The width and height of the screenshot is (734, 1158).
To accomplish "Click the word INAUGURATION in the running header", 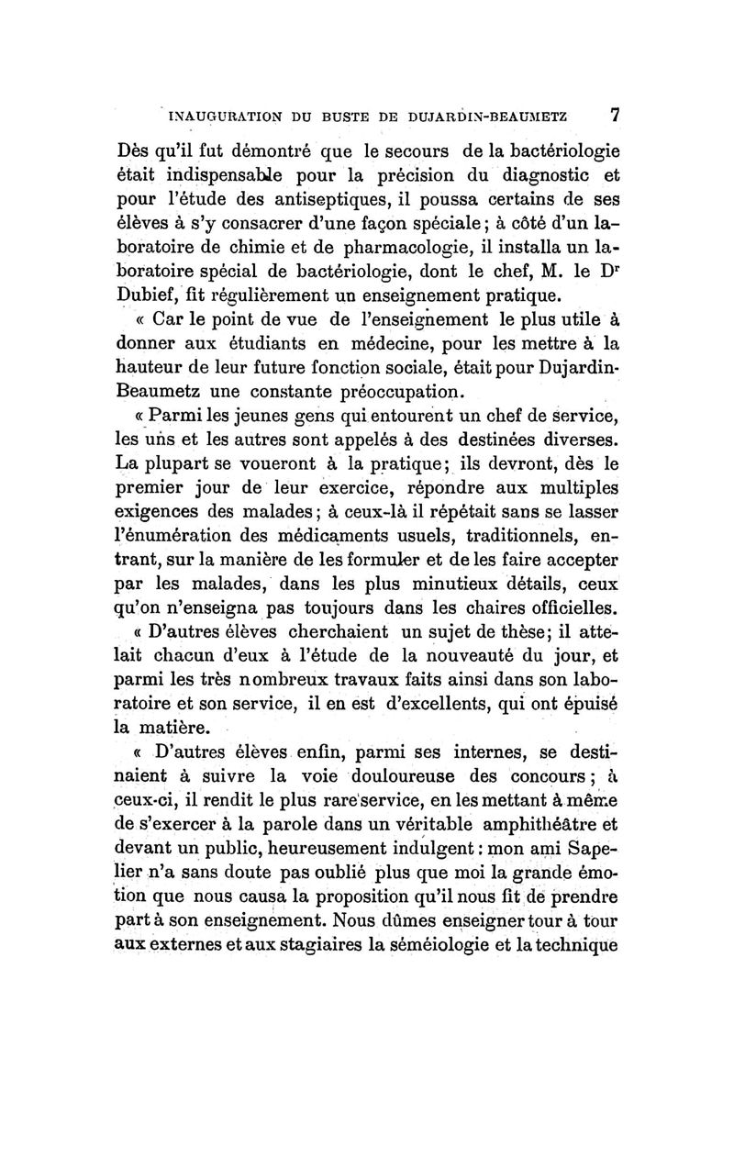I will coord(208,117).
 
